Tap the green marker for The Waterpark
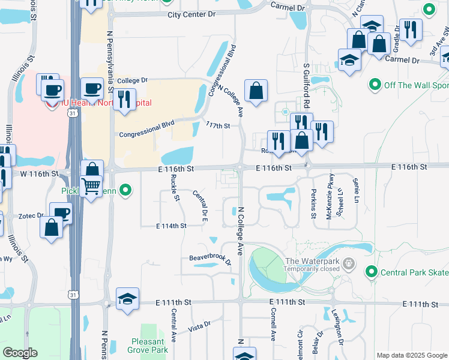click(x=350, y=263)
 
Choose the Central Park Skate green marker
click(x=372, y=273)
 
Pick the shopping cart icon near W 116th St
click(x=91, y=187)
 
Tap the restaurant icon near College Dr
click(x=124, y=99)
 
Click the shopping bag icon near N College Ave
click(x=256, y=91)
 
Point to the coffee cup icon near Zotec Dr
click(x=61, y=214)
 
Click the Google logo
click(x=20, y=353)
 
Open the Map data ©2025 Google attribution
click(x=411, y=355)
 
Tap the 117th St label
click(x=218, y=125)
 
